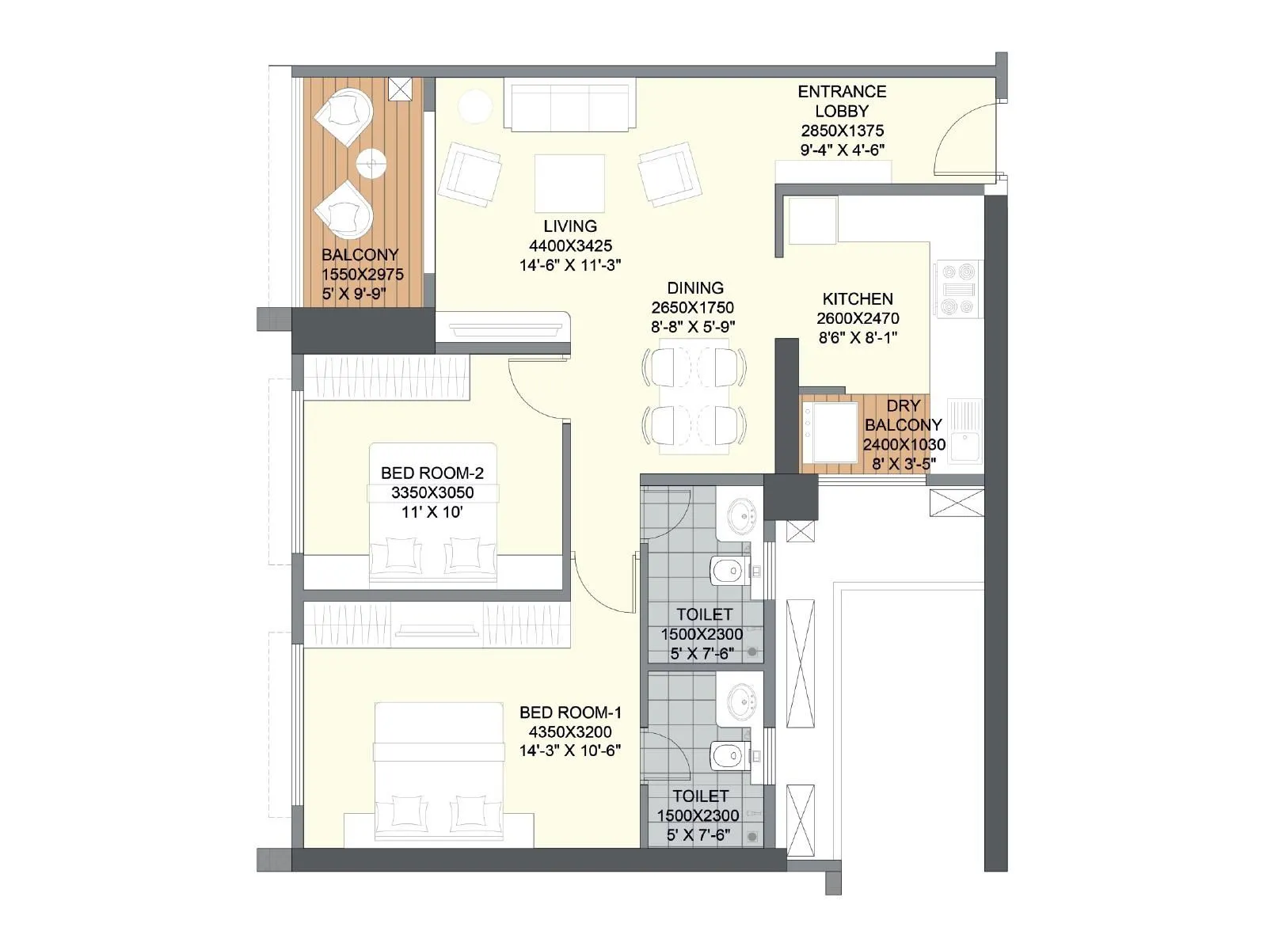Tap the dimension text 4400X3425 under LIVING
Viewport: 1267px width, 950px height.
570,245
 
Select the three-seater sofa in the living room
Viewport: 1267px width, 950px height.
569,107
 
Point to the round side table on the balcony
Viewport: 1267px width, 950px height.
371,164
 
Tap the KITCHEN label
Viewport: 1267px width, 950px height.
858,299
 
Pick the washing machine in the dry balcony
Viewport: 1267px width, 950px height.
831,432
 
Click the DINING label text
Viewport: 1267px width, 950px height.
694,288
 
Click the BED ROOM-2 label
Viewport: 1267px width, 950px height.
432,473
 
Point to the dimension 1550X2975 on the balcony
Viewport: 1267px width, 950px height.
362,275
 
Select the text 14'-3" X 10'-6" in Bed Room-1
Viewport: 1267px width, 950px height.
570,750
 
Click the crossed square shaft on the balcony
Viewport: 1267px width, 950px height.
401,89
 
